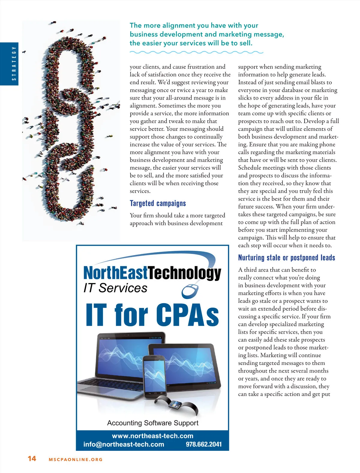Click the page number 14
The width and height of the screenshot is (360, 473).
click(32, 458)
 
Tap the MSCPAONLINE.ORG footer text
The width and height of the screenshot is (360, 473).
click(76, 459)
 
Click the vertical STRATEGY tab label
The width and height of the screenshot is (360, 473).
click(13, 64)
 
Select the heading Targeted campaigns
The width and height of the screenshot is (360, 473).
click(158, 203)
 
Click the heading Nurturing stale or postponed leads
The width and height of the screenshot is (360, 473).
click(286, 258)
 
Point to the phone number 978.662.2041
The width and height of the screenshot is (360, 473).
click(204, 444)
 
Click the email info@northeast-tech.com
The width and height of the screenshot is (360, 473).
click(124, 444)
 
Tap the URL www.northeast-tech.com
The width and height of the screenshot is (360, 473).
click(152, 436)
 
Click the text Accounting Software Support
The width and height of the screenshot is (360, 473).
click(153, 423)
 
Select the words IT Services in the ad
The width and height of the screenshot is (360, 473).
click(115, 288)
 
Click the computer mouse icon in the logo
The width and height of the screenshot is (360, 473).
click(190, 291)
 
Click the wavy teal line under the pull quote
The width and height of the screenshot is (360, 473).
click(196, 53)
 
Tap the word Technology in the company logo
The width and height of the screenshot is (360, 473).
click(184, 273)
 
